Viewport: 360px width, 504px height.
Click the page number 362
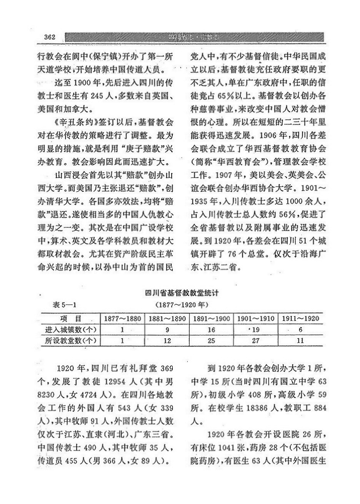coord(50,37)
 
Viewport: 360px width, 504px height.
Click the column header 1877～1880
coord(122,319)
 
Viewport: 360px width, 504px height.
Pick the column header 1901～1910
coord(255,319)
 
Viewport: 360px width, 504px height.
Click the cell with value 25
coord(211,340)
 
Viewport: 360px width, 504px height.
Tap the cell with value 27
coord(255,340)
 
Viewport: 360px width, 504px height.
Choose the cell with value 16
coord(211,330)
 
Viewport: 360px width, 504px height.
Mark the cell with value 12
coord(166,340)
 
